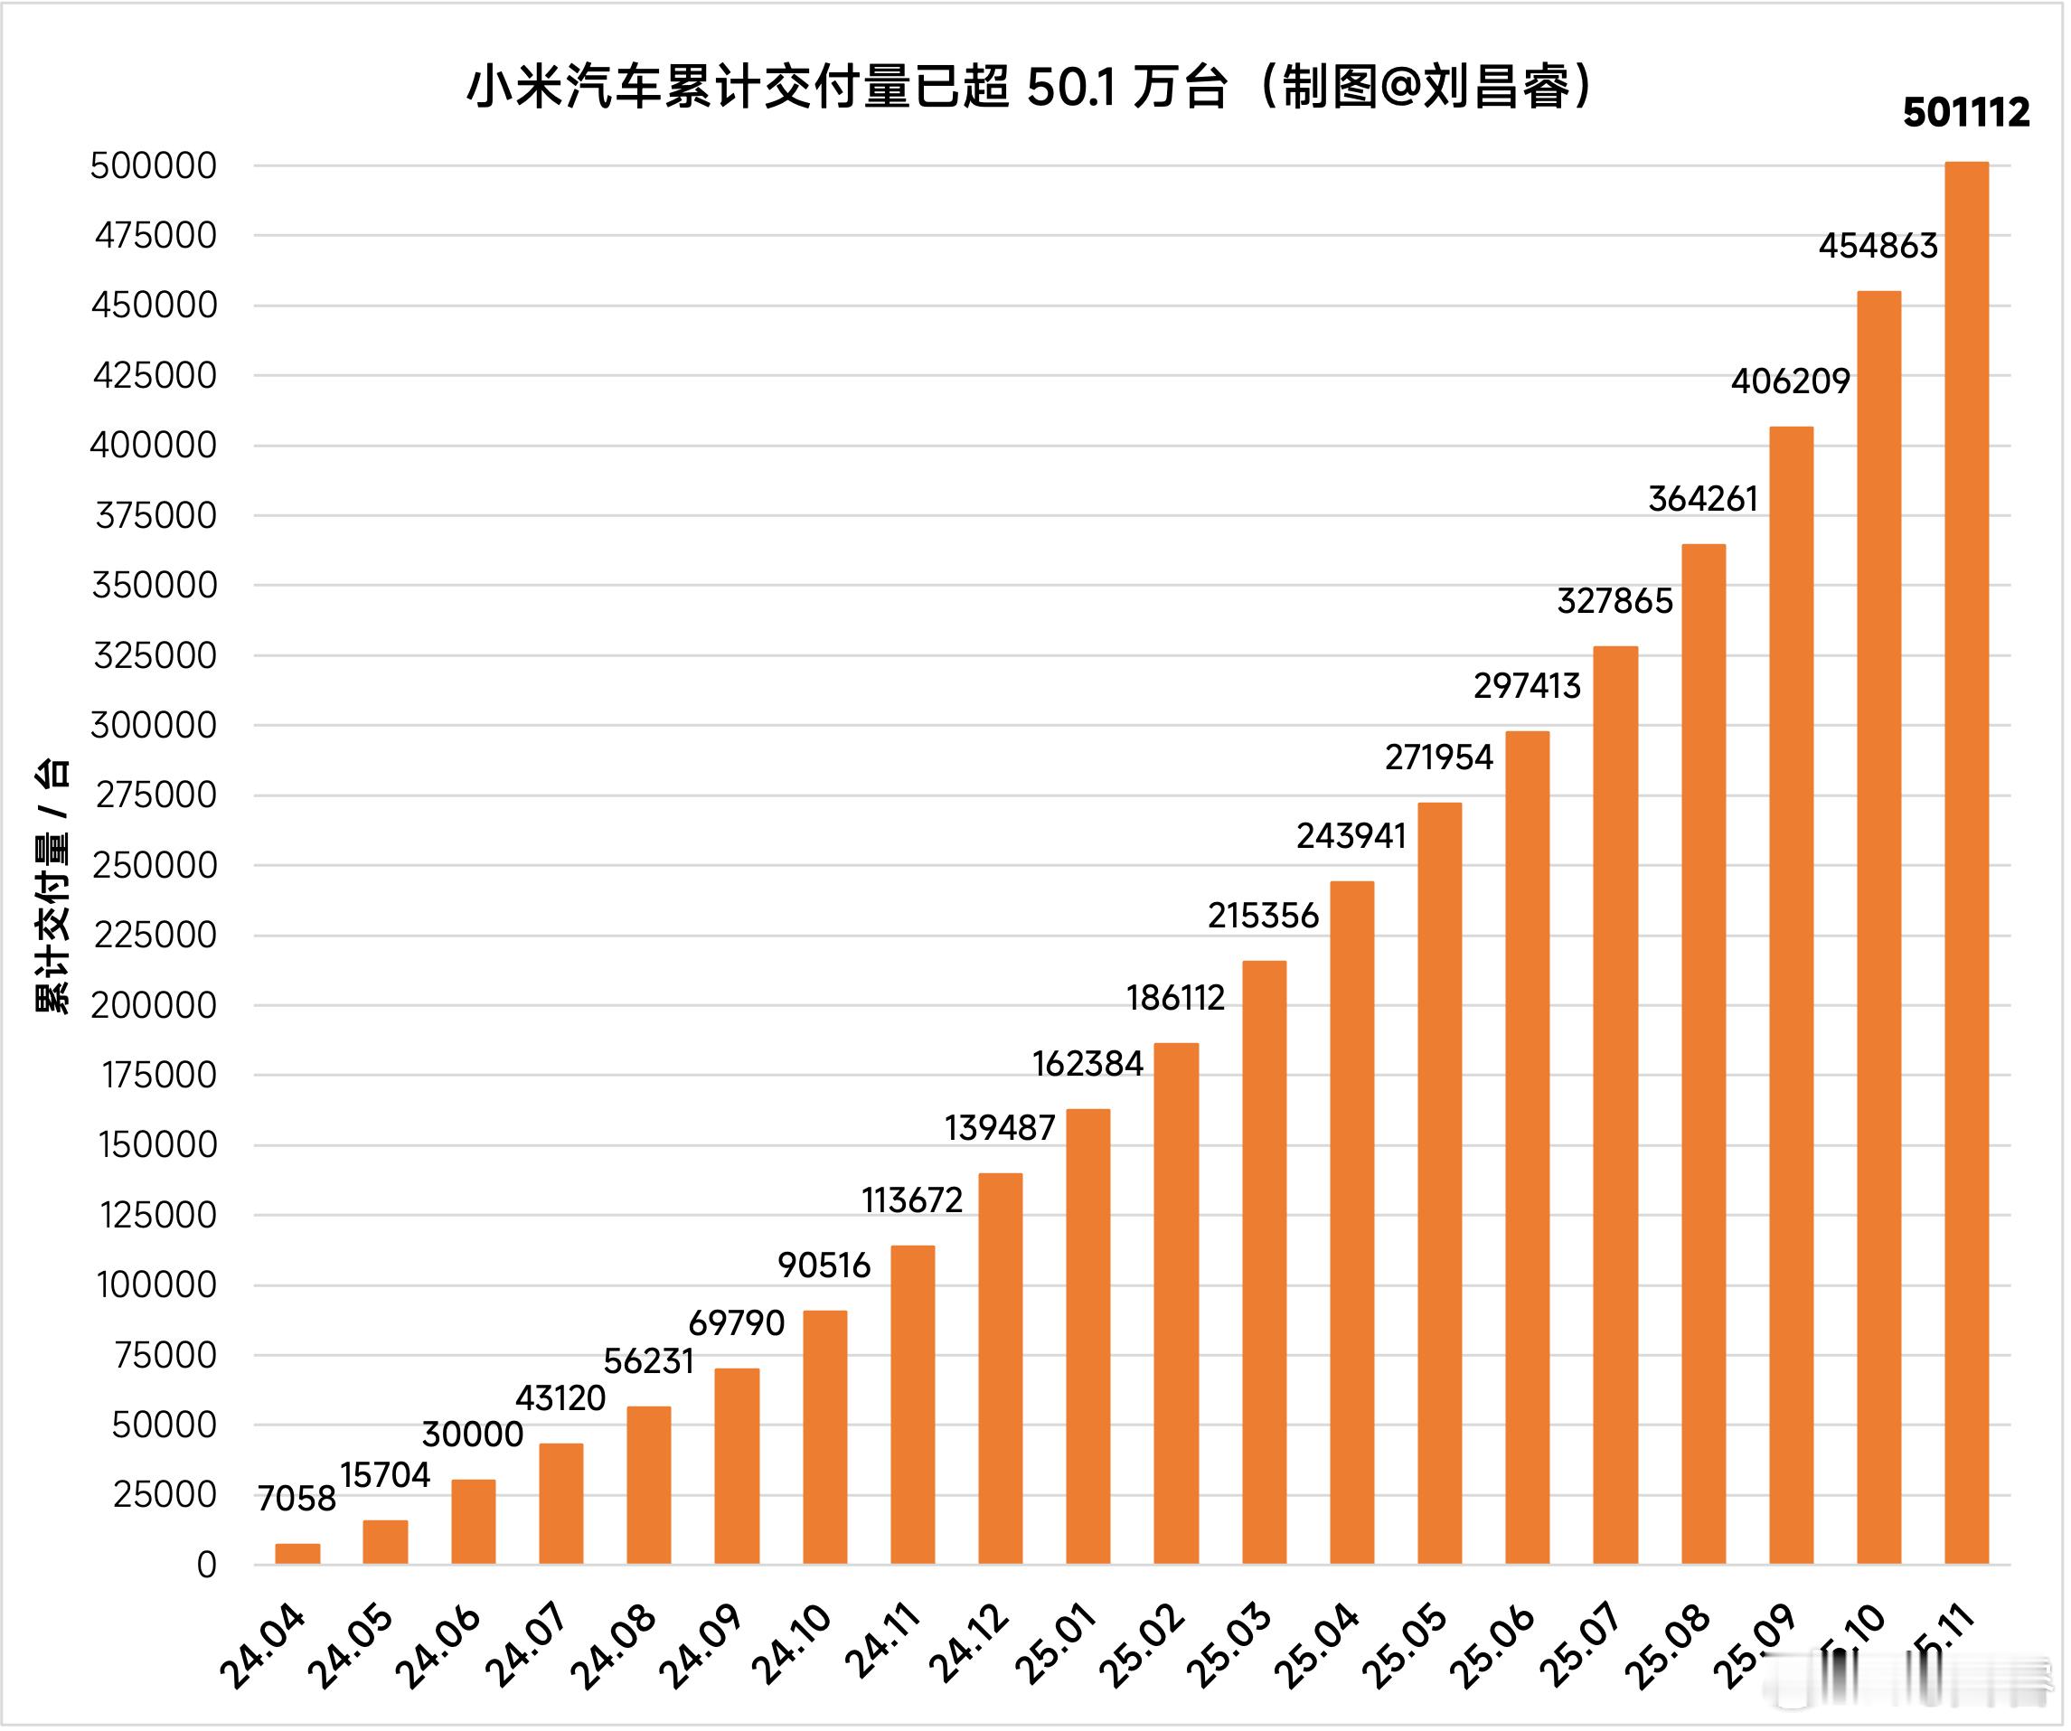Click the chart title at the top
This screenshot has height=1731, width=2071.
[1031, 87]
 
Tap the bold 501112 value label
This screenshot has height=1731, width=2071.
[1965, 113]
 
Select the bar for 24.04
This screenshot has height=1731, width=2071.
[297, 1555]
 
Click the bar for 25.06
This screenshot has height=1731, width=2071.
[1528, 1149]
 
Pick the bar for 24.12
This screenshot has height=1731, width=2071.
[1000, 1369]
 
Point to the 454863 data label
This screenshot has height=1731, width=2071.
[1878, 246]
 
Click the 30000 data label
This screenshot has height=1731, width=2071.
[473, 1435]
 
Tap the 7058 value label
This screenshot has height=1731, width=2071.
[296, 1500]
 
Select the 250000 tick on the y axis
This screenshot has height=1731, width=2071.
[155, 866]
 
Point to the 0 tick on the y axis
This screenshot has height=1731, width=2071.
[205, 1566]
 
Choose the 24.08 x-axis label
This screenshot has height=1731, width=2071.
[614, 1647]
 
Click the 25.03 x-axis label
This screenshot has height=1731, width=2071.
[1228, 1647]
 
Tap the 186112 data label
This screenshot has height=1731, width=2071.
[1175, 998]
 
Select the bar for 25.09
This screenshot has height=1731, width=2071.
[1791, 996]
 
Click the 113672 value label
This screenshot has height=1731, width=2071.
[911, 1200]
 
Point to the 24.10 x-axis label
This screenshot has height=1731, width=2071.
[791, 1647]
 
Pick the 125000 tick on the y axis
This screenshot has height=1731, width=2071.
[158, 1215]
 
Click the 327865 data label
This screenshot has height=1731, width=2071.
[1614, 602]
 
